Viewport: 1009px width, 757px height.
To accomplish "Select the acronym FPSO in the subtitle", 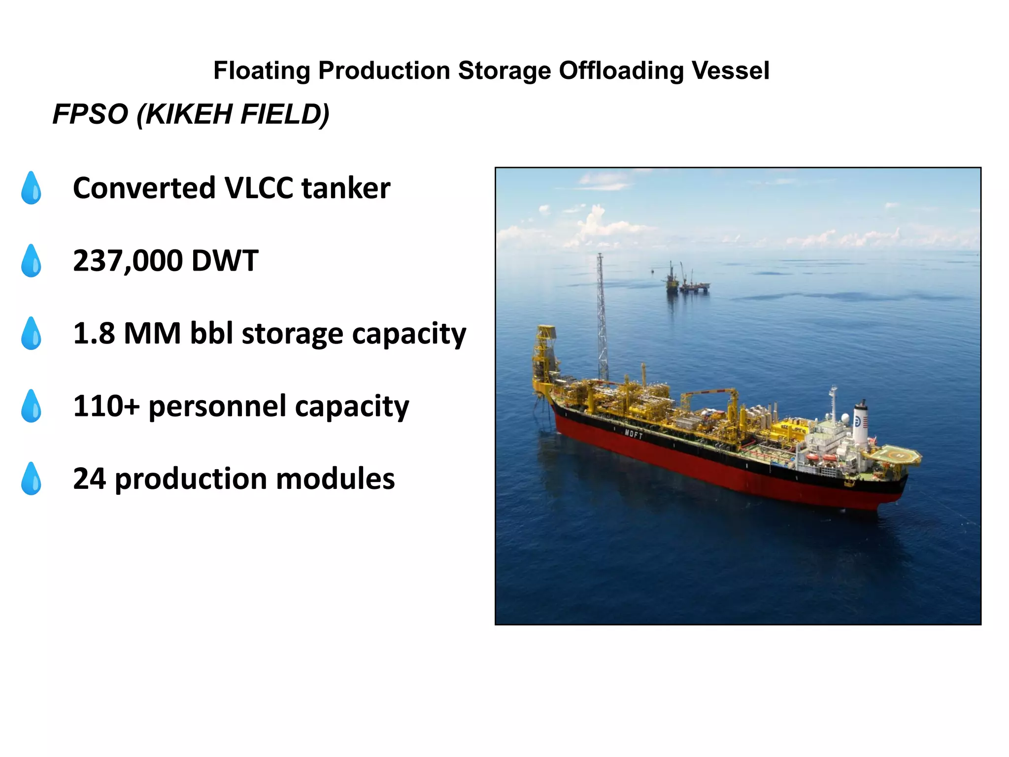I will click(x=90, y=114).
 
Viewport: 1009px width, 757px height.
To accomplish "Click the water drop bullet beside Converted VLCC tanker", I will click(x=31, y=188).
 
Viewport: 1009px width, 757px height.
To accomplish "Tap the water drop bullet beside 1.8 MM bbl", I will click(x=31, y=333).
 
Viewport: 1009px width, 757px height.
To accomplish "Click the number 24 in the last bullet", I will click(x=89, y=479).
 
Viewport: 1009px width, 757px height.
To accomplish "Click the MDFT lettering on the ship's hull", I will click(x=634, y=434).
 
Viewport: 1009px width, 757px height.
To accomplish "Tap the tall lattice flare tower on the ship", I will click(x=602, y=315).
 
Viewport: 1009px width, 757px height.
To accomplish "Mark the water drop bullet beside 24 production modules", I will click(x=31, y=479).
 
